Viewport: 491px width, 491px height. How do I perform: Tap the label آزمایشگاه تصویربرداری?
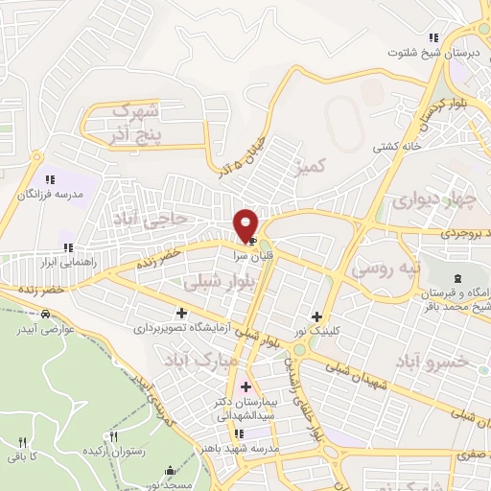point(183,329)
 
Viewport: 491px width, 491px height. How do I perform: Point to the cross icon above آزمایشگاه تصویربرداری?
point(182,313)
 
